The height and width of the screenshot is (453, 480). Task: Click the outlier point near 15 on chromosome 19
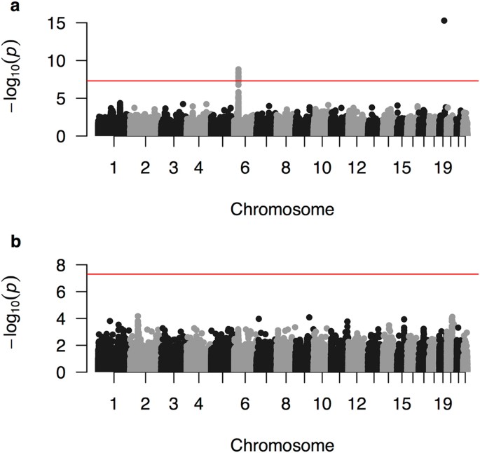tap(444, 20)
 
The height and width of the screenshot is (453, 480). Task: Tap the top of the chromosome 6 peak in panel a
tap(238, 69)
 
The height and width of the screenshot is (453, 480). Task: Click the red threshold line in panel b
tap(280, 274)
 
